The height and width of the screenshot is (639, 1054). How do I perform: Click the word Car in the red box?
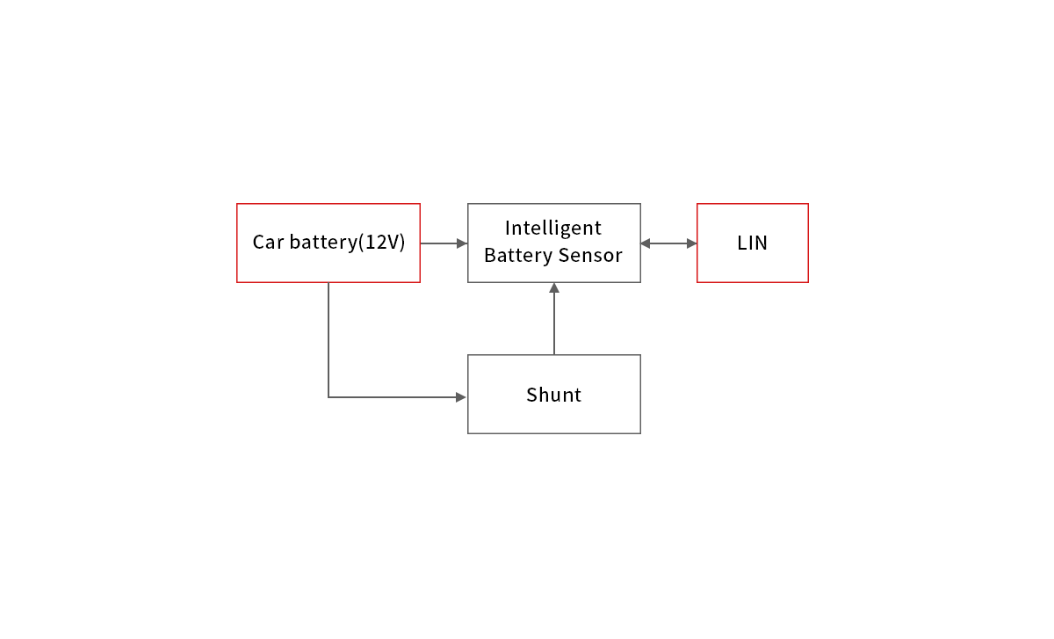[x=268, y=243]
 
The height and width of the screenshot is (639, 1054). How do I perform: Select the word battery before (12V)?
[x=321, y=243]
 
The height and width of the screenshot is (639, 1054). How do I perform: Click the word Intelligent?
[x=553, y=229]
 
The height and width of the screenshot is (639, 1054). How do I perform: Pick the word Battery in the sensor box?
[x=516, y=256]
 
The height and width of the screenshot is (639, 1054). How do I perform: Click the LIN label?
[x=753, y=243]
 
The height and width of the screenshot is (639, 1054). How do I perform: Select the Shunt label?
[x=553, y=396]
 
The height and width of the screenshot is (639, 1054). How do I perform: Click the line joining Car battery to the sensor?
[x=437, y=243]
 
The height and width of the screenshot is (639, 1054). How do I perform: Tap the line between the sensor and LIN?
[x=668, y=243]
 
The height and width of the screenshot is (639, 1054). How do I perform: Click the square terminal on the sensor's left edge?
[x=462, y=243]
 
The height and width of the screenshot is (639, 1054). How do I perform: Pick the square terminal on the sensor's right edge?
[x=646, y=243]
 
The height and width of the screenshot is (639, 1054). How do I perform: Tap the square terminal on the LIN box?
[x=691, y=243]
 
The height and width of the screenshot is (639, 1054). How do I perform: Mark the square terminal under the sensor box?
[x=553, y=287]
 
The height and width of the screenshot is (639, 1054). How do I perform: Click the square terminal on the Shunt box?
[x=461, y=397]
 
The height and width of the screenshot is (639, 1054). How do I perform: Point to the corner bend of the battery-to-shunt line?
[x=328, y=397]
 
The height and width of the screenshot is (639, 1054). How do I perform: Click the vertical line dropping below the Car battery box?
[x=328, y=338]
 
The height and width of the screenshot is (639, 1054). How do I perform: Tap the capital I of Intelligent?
[x=508, y=229]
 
